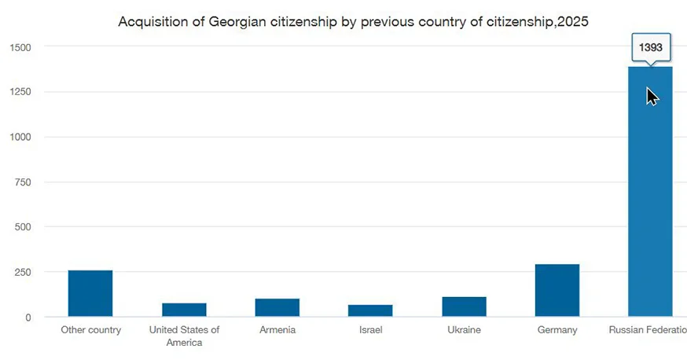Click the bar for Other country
point(90,293)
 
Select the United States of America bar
point(184,310)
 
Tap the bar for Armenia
point(277,307)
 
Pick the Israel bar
point(370,310)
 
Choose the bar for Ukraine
point(464,307)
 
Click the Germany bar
point(557,290)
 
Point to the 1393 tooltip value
point(651,48)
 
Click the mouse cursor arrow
point(652,96)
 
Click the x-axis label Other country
point(91,330)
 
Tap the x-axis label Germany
point(557,330)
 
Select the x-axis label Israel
point(370,330)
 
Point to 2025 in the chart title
point(571,22)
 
